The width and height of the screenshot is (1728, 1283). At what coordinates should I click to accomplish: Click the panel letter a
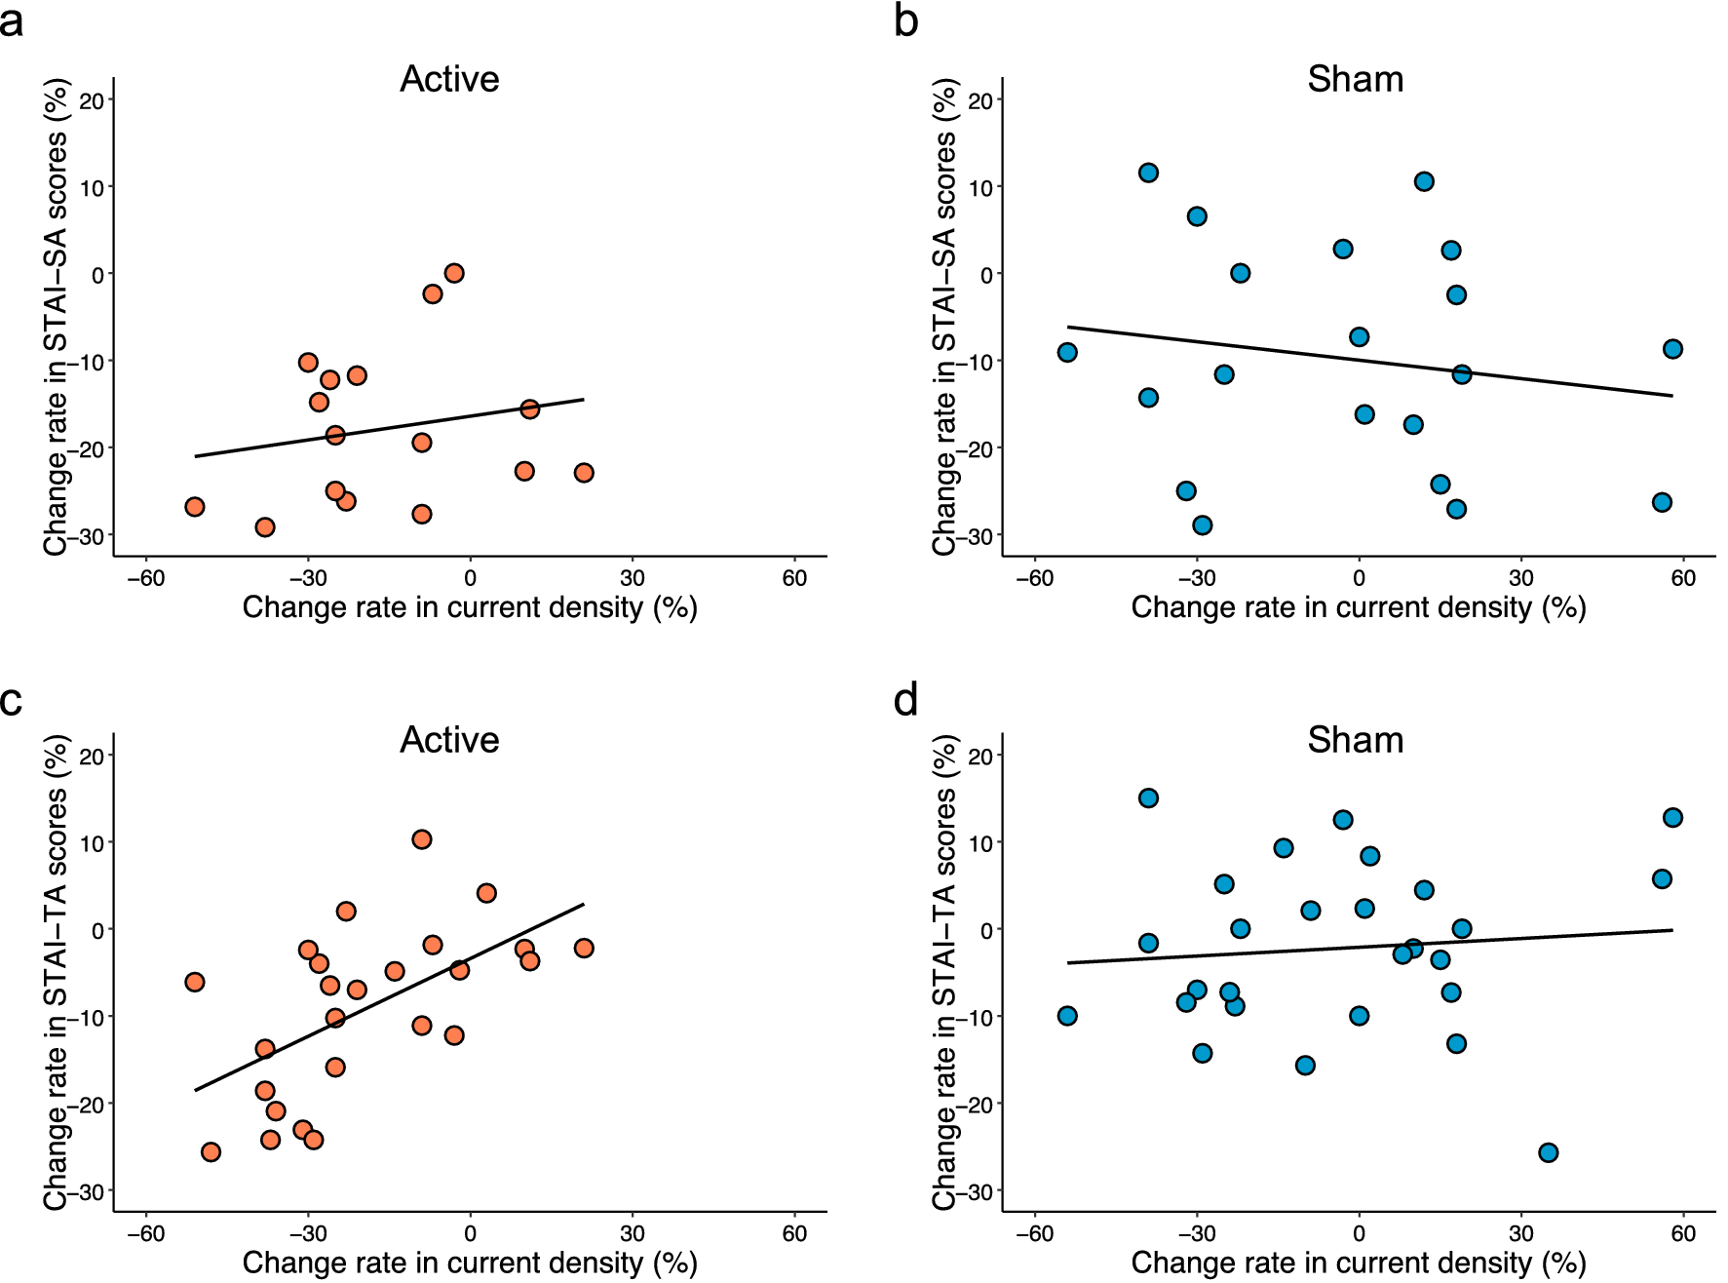(x=12, y=21)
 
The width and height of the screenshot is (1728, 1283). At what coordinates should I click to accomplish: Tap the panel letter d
(x=905, y=700)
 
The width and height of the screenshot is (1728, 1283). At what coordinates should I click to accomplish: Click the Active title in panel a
(x=449, y=79)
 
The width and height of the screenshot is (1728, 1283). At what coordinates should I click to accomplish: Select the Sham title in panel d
(x=1355, y=740)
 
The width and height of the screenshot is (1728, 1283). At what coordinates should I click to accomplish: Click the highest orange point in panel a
(x=454, y=273)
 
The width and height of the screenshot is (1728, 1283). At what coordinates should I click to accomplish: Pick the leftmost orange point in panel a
(x=195, y=507)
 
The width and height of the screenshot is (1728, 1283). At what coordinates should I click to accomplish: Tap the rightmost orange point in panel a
(x=584, y=473)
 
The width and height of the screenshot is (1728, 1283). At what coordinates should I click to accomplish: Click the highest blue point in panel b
(x=1148, y=173)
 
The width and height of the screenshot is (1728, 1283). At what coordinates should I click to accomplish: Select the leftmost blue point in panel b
(x=1067, y=352)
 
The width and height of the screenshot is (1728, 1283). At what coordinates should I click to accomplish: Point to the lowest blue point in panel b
(x=1203, y=525)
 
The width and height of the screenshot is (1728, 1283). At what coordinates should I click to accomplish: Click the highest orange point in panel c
(x=422, y=839)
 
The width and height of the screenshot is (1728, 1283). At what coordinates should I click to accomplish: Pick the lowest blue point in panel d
(x=1548, y=1152)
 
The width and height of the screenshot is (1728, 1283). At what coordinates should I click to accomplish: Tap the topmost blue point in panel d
(x=1148, y=798)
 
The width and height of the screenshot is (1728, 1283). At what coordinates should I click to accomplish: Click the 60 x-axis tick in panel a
(x=794, y=578)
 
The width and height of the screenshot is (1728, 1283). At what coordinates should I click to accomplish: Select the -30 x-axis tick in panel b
(x=1196, y=578)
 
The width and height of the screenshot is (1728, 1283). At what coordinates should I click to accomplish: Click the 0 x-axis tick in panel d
(x=1359, y=1233)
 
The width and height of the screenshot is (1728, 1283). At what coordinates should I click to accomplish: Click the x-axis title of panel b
(x=1359, y=607)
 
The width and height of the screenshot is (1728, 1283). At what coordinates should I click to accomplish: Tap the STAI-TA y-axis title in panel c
(x=57, y=972)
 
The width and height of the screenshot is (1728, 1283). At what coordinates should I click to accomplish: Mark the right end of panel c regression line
(x=584, y=904)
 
